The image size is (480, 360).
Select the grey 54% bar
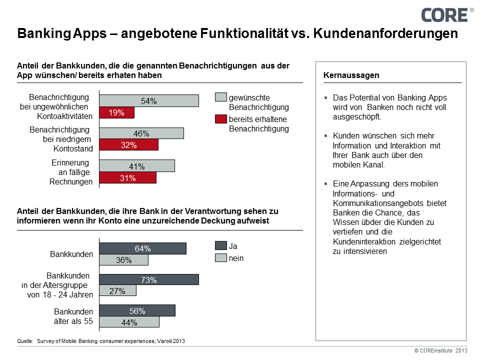tap(149, 100)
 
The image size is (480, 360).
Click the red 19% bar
tap(117, 113)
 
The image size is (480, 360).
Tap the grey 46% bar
tap(141, 133)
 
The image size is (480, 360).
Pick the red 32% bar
tap(129, 145)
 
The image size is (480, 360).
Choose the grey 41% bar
tap(137, 165)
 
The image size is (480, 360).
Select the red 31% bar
tap(128, 177)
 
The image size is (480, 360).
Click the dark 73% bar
tap(149, 279)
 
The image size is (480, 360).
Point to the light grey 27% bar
tap(117, 291)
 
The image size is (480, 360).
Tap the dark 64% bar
tap(142, 248)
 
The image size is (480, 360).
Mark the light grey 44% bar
tap(129, 322)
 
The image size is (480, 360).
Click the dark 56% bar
tap(137, 310)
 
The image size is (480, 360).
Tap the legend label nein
tap(236, 258)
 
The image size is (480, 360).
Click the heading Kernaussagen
tap(351, 75)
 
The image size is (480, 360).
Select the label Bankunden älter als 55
tap(73, 316)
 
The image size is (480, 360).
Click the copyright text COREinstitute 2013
tap(440, 351)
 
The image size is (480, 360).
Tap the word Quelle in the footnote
tap(24, 341)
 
